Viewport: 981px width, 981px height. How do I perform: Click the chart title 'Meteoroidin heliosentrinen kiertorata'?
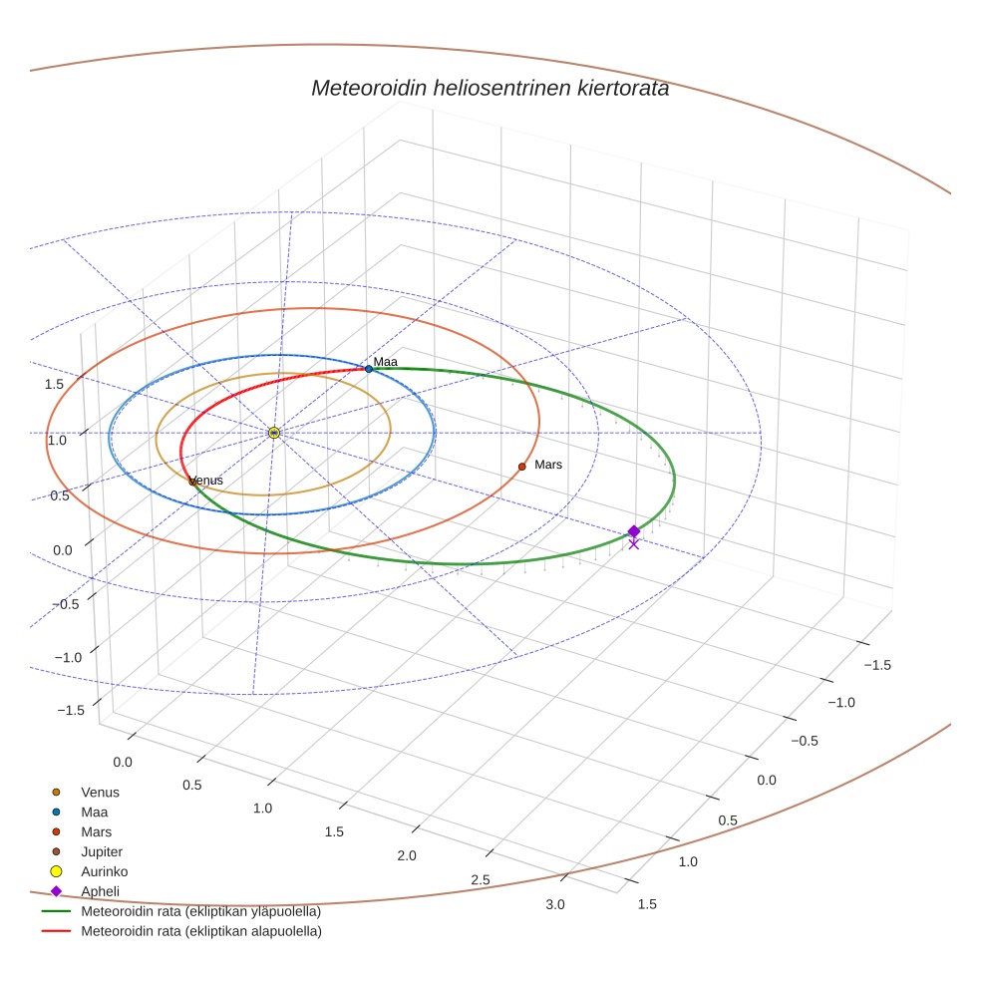tap(490, 88)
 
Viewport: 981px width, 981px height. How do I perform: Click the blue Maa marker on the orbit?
tap(369, 369)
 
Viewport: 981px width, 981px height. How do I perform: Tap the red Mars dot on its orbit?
tap(521, 467)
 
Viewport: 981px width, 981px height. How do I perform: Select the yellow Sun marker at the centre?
tap(273, 433)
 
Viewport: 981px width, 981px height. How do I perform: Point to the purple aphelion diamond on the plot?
tap(634, 531)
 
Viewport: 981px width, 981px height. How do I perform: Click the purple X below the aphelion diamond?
tap(634, 543)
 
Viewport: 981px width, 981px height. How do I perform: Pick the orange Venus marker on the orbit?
tap(192, 482)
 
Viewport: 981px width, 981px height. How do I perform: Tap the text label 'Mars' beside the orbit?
tap(548, 465)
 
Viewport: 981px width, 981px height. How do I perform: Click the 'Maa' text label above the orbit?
tap(386, 361)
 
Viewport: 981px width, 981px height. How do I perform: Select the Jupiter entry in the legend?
tap(101, 851)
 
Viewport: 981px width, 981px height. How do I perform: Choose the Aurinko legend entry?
tap(104, 871)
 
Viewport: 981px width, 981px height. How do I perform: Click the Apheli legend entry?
tap(99, 891)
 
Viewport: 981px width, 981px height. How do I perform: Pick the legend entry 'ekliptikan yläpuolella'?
tap(200, 911)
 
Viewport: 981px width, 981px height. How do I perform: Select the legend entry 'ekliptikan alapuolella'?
tap(200, 931)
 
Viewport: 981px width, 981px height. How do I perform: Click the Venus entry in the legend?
tap(100, 792)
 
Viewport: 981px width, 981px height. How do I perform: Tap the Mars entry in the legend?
tap(96, 831)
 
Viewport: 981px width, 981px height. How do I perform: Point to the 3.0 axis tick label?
tap(555, 904)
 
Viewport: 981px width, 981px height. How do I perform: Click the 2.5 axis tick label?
tap(480, 879)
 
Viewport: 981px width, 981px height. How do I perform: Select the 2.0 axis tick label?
tap(407, 855)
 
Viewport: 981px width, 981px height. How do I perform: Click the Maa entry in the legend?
tap(94, 812)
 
